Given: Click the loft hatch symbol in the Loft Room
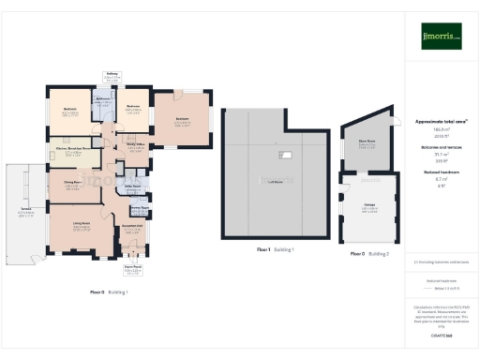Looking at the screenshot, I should (x=287, y=155).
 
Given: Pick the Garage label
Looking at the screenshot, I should (x=368, y=208).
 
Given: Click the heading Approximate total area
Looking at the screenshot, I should (x=441, y=122).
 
